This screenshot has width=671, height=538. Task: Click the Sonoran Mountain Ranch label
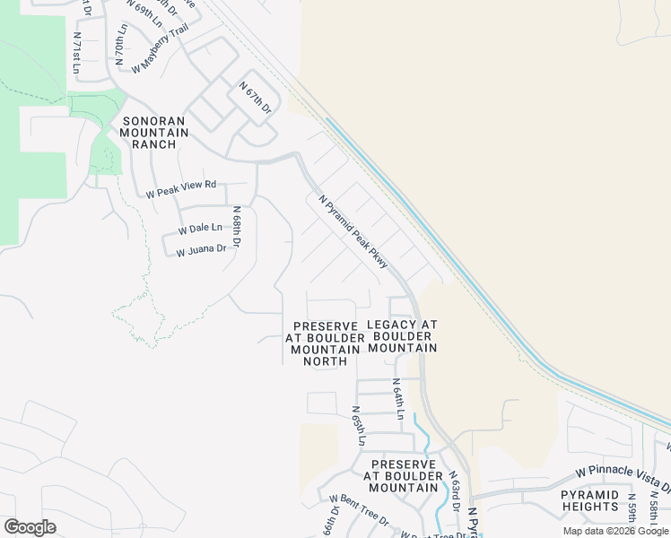155,133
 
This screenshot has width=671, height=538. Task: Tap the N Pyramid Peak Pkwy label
353,230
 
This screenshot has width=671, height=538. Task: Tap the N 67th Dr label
255,98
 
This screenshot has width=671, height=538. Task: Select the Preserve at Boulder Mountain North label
326,343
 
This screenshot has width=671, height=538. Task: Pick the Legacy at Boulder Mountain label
402,336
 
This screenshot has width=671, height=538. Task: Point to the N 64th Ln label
398,399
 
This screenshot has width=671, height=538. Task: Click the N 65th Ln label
358,426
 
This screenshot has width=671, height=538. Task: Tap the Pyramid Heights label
589,500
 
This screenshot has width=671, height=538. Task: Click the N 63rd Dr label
455,491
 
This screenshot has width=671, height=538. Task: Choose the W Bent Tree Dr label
358,510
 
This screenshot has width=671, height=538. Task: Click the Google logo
30,526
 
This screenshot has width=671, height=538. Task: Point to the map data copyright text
615,531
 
